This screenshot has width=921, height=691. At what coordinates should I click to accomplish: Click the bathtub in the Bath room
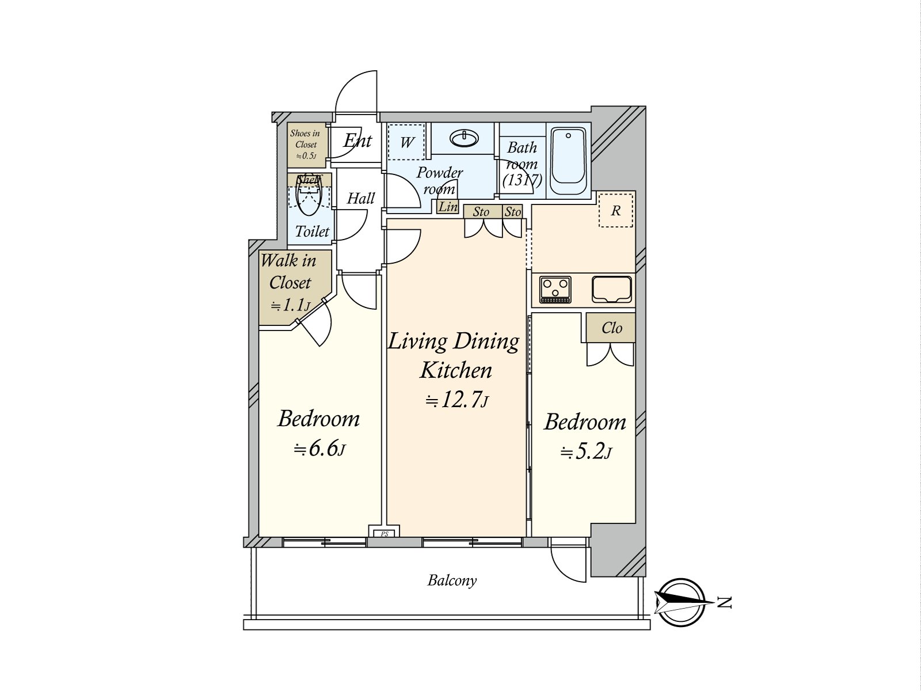coord(568,161)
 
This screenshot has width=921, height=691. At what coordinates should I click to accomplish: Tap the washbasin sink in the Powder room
coord(463,138)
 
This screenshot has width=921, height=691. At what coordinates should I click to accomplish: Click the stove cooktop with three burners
coord(555,289)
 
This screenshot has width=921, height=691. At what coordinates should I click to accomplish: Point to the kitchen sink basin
coord(612,288)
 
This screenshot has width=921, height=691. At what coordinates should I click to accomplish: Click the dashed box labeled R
coord(615,210)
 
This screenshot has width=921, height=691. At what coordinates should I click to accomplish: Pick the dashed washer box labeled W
coord(406,142)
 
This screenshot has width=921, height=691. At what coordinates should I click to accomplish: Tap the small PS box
coord(385,533)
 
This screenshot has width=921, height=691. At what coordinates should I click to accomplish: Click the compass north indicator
coord(682,602)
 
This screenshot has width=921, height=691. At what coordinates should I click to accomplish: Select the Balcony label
coord(452,580)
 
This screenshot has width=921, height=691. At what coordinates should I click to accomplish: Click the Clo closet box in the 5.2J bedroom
coord(611,328)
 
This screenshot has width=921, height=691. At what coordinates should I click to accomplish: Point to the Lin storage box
coord(448,207)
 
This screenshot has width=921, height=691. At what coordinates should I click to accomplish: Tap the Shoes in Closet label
coord(306,144)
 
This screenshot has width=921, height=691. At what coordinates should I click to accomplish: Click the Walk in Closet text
coord(290,272)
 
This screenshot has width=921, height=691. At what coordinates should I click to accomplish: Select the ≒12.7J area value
coord(456,400)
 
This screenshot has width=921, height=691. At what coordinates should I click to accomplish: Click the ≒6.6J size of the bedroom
coord(319,449)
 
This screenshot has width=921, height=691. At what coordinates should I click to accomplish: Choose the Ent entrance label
coord(357,141)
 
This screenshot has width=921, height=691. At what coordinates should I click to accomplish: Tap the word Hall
coord(360,199)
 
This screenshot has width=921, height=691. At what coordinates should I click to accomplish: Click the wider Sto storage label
coord(481,212)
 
